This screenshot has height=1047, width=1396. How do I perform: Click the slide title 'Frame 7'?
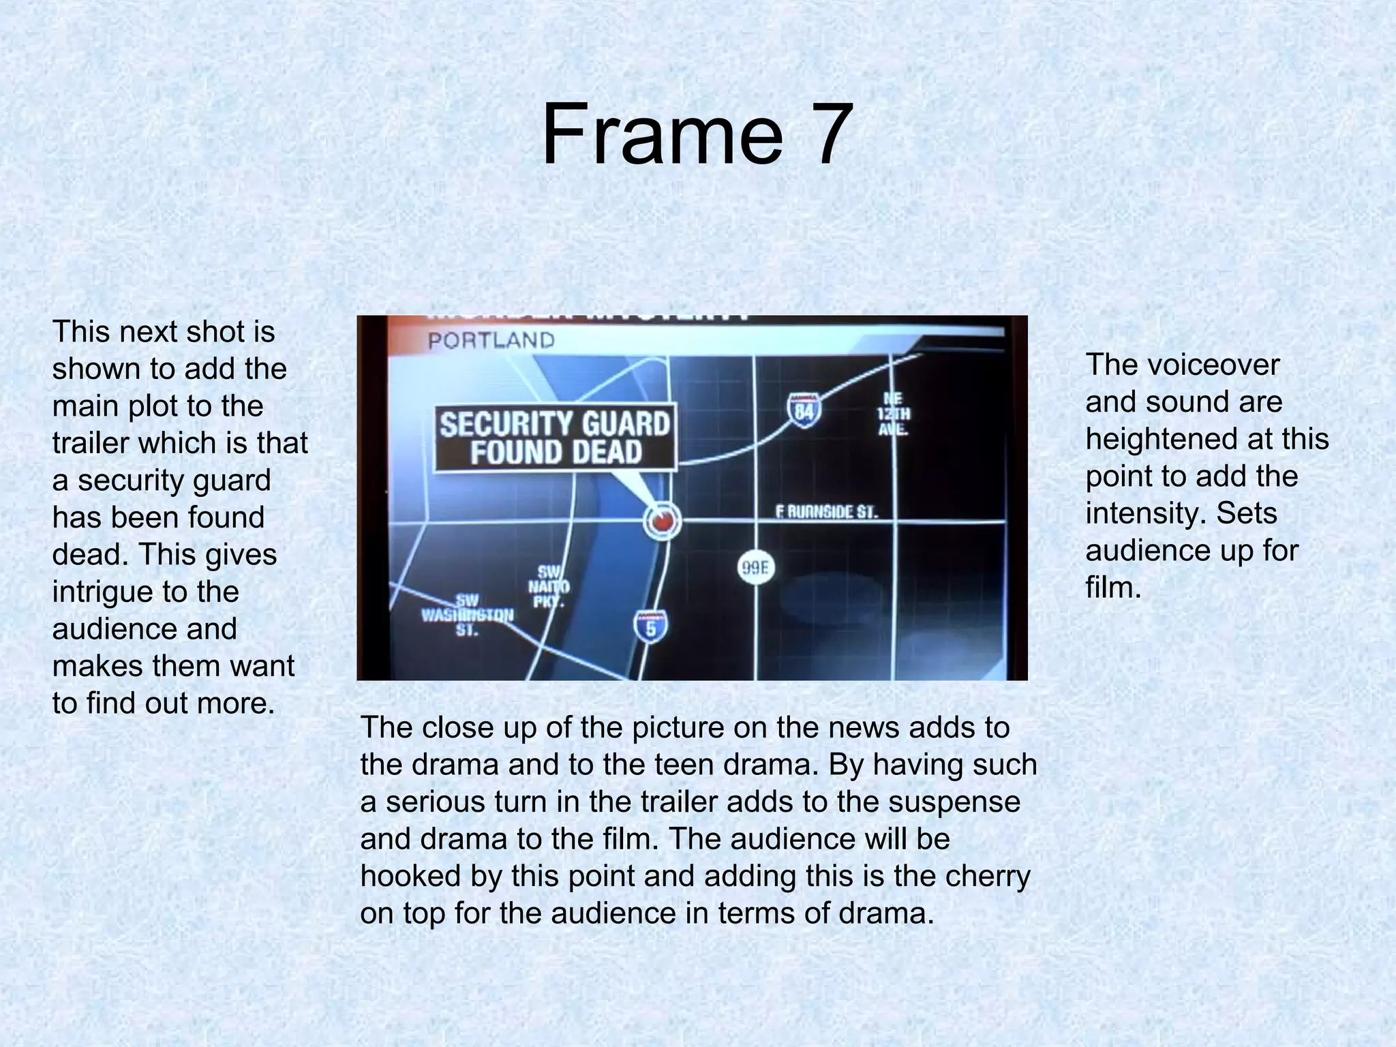pos(697,134)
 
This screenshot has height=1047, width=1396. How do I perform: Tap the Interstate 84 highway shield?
pos(804,410)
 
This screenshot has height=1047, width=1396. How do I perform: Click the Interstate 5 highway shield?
pos(650,626)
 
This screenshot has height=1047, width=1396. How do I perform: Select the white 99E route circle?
pos(756,568)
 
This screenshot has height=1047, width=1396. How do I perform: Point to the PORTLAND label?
pos(491,340)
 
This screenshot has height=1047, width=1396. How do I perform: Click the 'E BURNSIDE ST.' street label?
pos(827,512)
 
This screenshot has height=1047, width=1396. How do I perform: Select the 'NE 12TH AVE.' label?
pos(893,414)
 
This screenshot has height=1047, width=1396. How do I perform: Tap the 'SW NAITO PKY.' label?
pos(549,586)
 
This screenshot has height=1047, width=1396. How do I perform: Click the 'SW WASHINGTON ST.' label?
pos(467,615)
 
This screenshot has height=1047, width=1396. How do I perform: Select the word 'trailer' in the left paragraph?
pos(89,443)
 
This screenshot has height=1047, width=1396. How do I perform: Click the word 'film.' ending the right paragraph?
pos(1113,588)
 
